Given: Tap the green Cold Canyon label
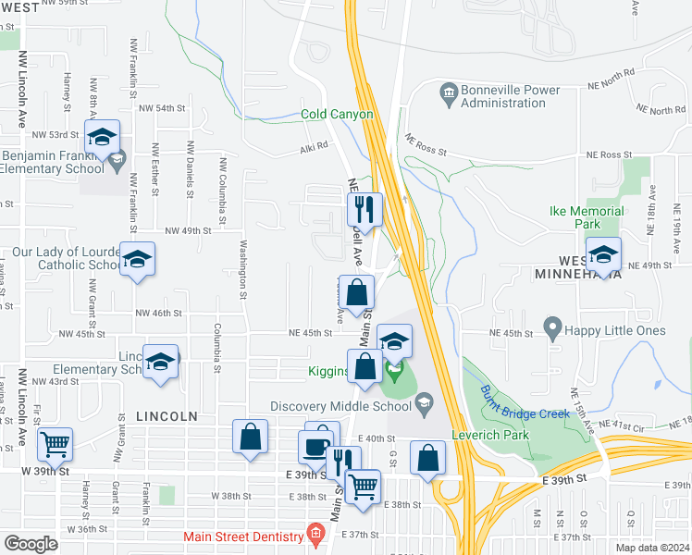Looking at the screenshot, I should (x=337, y=115).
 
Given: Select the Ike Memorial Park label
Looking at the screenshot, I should (x=599, y=217).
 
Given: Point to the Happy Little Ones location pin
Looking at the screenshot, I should (x=553, y=326).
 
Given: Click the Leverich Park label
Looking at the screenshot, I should (x=488, y=435).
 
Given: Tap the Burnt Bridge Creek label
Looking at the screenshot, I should (x=525, y=400).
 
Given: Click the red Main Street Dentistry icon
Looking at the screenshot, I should (x=315, y=535).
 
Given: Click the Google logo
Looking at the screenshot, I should (x=31, y=544).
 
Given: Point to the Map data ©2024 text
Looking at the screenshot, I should (x=652, y=548).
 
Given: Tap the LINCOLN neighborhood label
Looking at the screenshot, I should (x=166, y=417).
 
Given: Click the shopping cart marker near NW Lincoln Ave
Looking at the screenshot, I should (x=55, y=444).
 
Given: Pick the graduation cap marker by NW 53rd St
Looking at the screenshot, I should (x=101, y=138).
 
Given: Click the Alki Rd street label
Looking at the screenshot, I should (x=314, y=146).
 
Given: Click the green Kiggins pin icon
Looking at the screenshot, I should (x=395, y=374).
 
